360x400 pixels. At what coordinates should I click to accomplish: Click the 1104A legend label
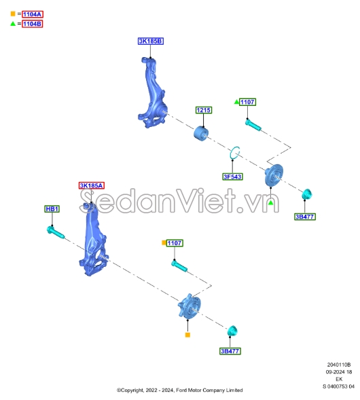(x=33, y=14)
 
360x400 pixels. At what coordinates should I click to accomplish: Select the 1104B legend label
(x=32, y=24)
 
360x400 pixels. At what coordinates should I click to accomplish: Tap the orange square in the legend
(x=13, y=14)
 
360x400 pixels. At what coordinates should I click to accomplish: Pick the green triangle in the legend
(x=13, y=24)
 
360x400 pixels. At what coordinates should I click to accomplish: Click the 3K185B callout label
(x=151, y=41)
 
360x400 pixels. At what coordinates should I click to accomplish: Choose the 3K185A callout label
(x=91, y=185)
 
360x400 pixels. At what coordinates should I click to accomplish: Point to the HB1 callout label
(x=52, y=209)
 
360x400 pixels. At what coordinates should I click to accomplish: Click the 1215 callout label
(x=204, y=110)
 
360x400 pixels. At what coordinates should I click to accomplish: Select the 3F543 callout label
(x=232, y=177)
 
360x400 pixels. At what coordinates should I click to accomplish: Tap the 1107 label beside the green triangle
(x=247, y=102)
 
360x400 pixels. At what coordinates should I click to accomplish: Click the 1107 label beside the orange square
(x=175, y=243)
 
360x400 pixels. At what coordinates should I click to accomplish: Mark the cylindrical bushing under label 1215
(x=201, y=133)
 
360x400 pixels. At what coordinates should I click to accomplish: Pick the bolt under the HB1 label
(x=56, y=233)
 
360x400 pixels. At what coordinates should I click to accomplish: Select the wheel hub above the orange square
(x=189, y=306)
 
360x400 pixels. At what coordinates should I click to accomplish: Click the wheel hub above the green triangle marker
(x=274, y=175)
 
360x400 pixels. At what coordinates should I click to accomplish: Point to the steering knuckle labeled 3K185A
(x=93, y=239)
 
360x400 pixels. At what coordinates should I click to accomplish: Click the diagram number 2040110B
(x=339, y=365)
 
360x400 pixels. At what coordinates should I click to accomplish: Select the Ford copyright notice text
(x=179, y=390)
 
